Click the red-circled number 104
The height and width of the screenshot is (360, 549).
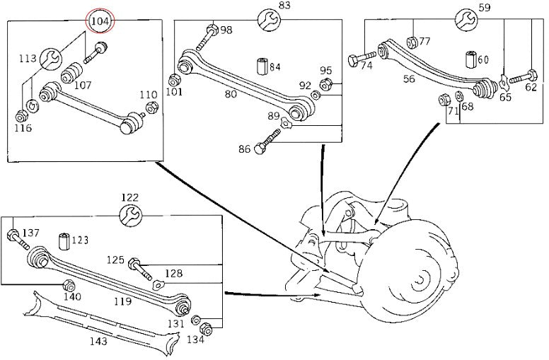tap(100, 21)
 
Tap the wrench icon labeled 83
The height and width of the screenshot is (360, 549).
tap(269, 20)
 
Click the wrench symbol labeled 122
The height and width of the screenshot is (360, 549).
tap(131, 215)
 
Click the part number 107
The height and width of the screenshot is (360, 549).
tap(83, 85)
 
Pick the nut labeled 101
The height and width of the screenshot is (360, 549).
tap(173, 80)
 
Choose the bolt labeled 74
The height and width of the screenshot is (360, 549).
tap(362, 58)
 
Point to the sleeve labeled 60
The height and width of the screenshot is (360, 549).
tap(471, 59)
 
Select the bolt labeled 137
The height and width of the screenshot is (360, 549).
tap(18, 239)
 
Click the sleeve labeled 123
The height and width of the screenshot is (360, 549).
tap(64, 241)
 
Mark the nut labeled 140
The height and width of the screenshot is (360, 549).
tap(68, 286)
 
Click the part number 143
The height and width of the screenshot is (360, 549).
tap(99, 341)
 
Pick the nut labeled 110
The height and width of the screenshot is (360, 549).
tap(151, 107)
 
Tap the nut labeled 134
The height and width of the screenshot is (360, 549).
tap(206, 328)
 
